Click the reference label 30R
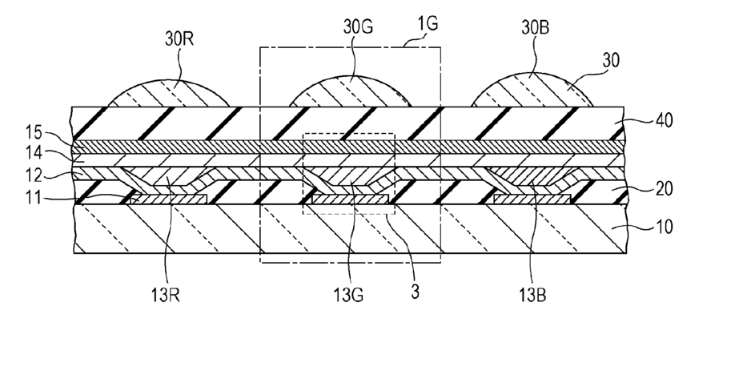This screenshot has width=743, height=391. [x=179, y=39]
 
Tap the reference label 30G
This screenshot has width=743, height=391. [x=358, y=27]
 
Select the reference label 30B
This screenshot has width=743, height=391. [x=536, y=28]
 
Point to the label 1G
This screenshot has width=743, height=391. [x=428, y=24]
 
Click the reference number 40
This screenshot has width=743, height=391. [x=664, y=120]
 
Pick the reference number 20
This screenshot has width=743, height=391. [x=664, y=188]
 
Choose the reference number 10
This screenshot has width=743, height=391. [x=664, y=227]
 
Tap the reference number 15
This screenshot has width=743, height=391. [x=34, y=132]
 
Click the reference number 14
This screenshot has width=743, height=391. [x=34, y=152]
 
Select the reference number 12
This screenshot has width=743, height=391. [x=34, y=175]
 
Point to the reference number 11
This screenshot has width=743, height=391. [x=33, y=197]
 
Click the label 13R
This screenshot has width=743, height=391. [x=166, y=296]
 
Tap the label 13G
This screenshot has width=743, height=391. [x=348, y=296]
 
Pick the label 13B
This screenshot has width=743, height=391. [x=532, y=296]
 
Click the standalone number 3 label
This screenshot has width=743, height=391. [x=415, y=292]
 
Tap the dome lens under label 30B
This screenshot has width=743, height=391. [x=532, y=90]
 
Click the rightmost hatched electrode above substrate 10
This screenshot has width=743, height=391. [x=532, y=200]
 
